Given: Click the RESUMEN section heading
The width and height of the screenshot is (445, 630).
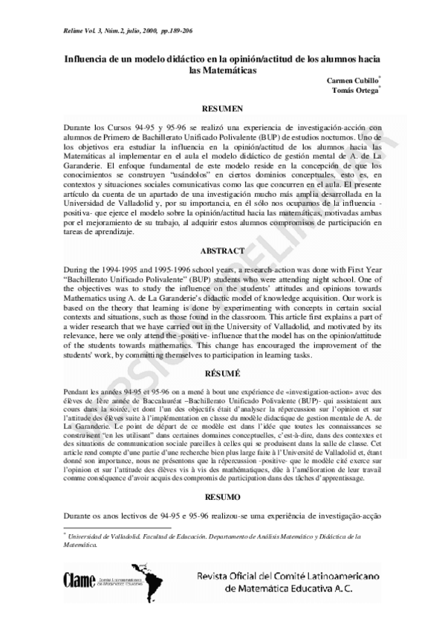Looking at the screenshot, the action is coord(222,108).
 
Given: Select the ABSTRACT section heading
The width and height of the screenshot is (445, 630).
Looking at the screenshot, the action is coord(222,251).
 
